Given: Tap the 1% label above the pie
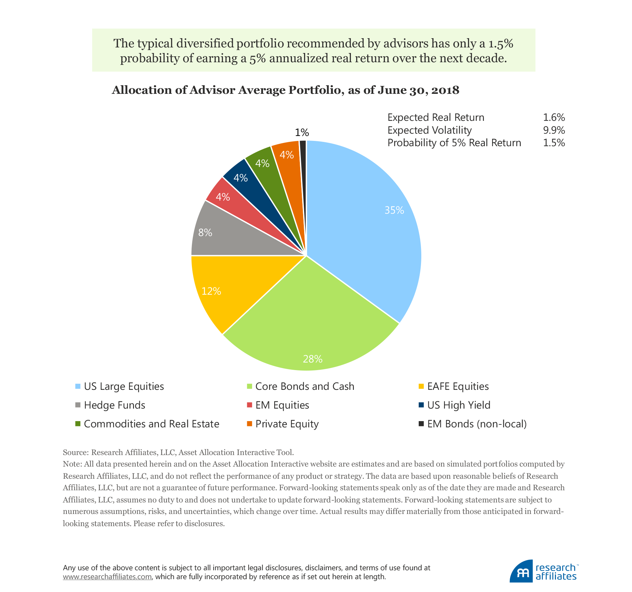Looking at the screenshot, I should tap(302, 133).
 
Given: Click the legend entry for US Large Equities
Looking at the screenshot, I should tap(124, 386).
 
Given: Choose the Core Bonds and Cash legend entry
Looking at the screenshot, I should tap(304, 386).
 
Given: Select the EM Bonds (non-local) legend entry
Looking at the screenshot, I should tap(477, 424).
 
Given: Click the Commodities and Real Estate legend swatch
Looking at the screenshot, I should tap(78, 424).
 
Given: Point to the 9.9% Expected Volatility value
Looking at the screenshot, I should tap(554, 130).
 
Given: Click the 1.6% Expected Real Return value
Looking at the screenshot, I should tap(554, 118).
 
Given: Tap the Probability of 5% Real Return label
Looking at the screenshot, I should tap(454, 143).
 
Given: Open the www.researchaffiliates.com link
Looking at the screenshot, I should tap(107, 577).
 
